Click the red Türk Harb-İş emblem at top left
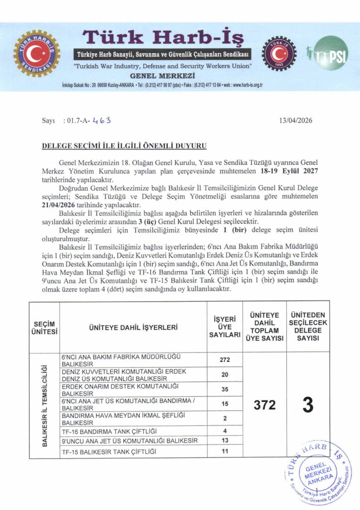36,54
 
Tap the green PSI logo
331,53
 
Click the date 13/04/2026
297,120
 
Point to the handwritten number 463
102,120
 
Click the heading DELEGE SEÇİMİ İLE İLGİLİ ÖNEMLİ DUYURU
124,146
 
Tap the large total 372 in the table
264,405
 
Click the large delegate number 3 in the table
308,405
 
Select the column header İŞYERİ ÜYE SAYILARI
224,327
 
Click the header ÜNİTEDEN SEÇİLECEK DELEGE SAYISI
308,327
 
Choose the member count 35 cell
224,389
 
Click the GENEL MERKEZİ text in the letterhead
162,75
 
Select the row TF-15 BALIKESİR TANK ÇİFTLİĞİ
109,451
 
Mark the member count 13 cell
224,441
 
